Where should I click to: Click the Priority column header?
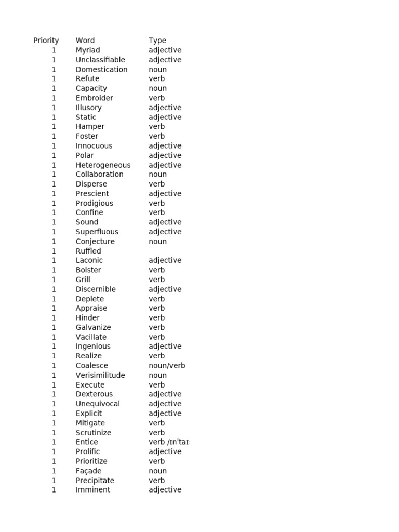click(46, 41)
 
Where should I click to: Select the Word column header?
click(85, 41)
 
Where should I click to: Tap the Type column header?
click(157, 41)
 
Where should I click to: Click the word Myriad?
click(88, 50)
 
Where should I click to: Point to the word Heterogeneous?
click(103, 165)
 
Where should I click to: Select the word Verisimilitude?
click(100, 375)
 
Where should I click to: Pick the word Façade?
click(88, 471)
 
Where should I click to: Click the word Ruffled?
click(88, 251)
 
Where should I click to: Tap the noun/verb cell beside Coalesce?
click(167, 366)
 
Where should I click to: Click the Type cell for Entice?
click(168, 442)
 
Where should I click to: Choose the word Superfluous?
click(97, 232)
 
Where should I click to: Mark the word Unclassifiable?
click(100, 60)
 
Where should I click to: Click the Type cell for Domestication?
click(157, 70)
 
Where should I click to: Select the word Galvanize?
click(93, 327)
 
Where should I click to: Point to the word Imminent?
click(93, 490)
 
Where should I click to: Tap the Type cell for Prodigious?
click(156, 203)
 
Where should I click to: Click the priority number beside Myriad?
click(54, 50)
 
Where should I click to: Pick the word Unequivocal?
click(98, 404)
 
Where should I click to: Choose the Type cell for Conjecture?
click(157, 242)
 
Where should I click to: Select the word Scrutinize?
click(94, 433)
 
